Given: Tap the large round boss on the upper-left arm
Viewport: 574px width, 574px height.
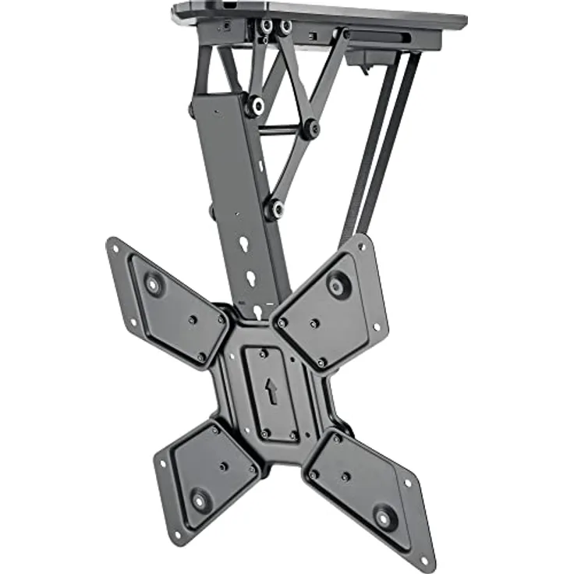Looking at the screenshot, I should [x=153, y=284].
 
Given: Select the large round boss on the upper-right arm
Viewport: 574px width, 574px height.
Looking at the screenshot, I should [x=338, y=285].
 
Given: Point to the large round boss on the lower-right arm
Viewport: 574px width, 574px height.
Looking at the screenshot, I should [x=384, y=516].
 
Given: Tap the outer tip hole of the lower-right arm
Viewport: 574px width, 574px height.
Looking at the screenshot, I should [x=423, y=560].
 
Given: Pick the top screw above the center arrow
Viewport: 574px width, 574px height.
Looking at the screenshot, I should [x=264, y=353].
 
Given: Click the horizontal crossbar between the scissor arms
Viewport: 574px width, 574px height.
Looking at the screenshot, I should [x=281, y=129].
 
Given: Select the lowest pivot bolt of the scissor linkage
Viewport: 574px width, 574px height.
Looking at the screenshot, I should [x=273, y=208].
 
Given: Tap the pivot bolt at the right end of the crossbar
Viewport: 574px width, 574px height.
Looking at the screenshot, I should [x=311, y=128].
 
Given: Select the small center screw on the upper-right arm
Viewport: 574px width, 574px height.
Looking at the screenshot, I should [x=314, y=323].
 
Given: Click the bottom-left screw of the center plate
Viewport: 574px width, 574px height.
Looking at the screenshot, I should [x=265, y=433].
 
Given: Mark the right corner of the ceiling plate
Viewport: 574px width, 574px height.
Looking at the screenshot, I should [x=466, y=19].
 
